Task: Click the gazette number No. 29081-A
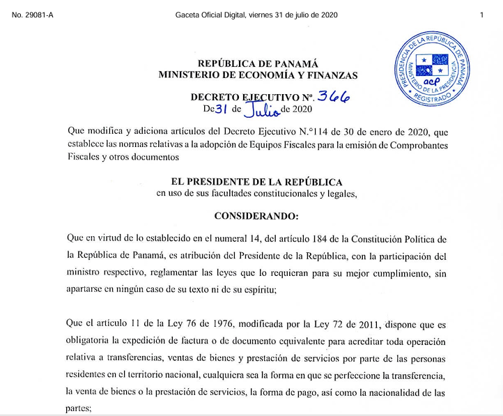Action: click(33, 15)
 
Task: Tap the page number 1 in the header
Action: click(481, 15)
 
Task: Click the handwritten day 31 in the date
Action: click(222, 109)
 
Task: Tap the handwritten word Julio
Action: click(261, 109)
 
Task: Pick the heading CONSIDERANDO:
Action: click(256, 215)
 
